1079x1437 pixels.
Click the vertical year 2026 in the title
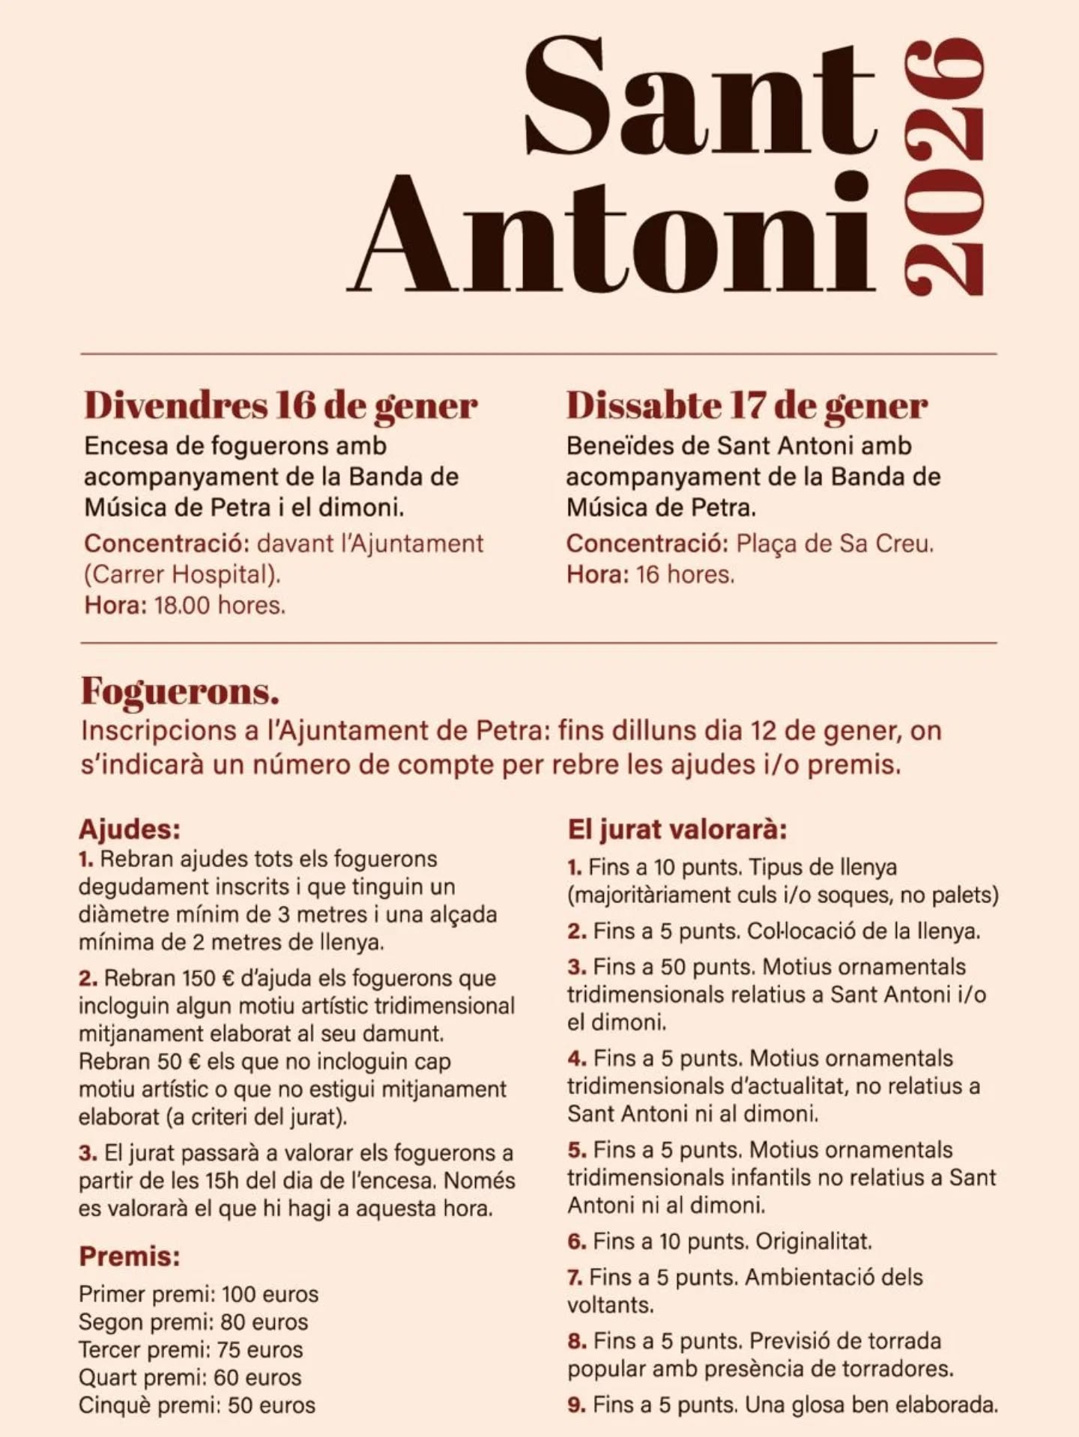(945, 168)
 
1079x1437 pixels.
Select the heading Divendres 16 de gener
(280, 405)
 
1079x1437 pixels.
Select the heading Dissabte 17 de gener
(746, 405)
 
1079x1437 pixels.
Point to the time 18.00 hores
(220, 605)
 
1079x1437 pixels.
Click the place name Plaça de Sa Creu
(835, 544)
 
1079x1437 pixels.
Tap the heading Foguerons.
(180, 690)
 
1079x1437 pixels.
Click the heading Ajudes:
(130, 830)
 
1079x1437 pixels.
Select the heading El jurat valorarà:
(677, 830)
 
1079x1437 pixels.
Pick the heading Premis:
(130, 1257)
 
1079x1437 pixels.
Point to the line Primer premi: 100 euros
(199, 1294)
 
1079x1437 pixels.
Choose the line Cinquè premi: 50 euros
(197, 1405)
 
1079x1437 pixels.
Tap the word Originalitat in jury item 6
(814, 1242)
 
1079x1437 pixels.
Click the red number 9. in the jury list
(576, 1405)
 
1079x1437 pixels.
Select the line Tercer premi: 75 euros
(191, 1349)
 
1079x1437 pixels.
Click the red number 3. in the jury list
(576, 967)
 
